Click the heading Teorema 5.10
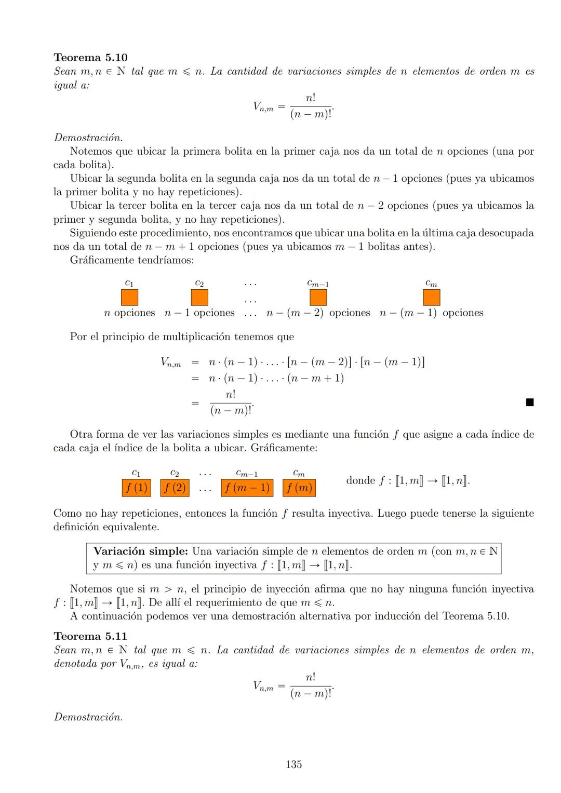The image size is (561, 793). click(x=90, y=58)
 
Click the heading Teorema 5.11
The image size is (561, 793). click(x=90, y=636)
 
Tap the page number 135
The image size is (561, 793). click(x=293, y=764)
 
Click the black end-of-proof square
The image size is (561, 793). click(x=529, y=402)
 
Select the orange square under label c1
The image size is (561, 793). click(x=129, y=298)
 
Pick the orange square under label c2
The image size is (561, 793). click(x=199, y=298)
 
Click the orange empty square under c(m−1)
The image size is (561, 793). click(x=318, y=298)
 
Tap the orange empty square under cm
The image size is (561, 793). click(x=431, y=298)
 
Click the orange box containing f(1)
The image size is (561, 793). click(x=136, y=488)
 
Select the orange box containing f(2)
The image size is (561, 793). click(x=175, y=488)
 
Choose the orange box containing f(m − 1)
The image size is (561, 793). click(x=247, y=488)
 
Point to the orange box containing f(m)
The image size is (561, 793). click(x=299, y=488)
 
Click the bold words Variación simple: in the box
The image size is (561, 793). click(x=140, y=551)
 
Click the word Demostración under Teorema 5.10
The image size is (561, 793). click(x=88, y=138)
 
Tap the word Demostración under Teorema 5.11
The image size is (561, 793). click(x=88, y=717)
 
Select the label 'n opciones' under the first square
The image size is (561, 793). click(x=129, y=313)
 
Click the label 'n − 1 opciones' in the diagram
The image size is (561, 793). click(x=199, y=313)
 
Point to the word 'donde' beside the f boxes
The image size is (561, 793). click(x=360, y=480)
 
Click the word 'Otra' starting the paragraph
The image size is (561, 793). click(x=81, y=434)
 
